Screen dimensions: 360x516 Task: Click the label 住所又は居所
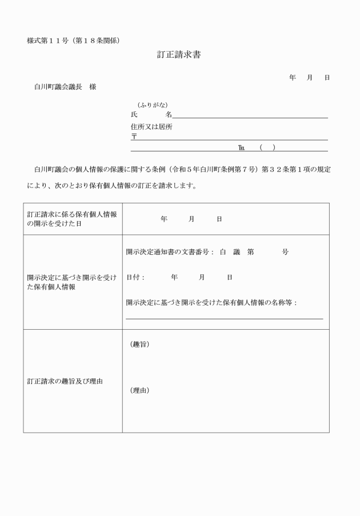point(151,127)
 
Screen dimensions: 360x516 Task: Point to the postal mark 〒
point(134,137)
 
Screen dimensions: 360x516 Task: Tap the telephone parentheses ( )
point(267,148)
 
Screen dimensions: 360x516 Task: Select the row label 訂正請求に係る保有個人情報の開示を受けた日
point(72,219)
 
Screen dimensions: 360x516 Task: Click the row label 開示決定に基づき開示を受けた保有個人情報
point(72,282)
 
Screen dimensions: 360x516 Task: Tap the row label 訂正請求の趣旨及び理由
point(65,381)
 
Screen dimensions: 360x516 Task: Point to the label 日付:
point(135,277)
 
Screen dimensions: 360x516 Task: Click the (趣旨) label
point(140,344)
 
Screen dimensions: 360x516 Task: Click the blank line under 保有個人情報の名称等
point(224,318)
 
